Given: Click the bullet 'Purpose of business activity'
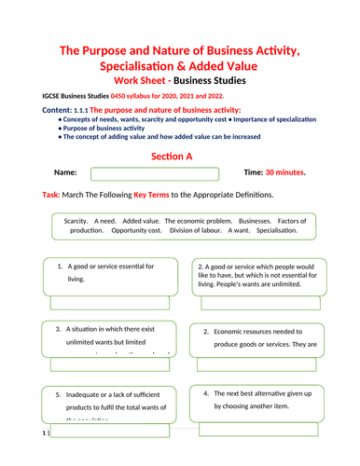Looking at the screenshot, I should (x=106, y=128).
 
